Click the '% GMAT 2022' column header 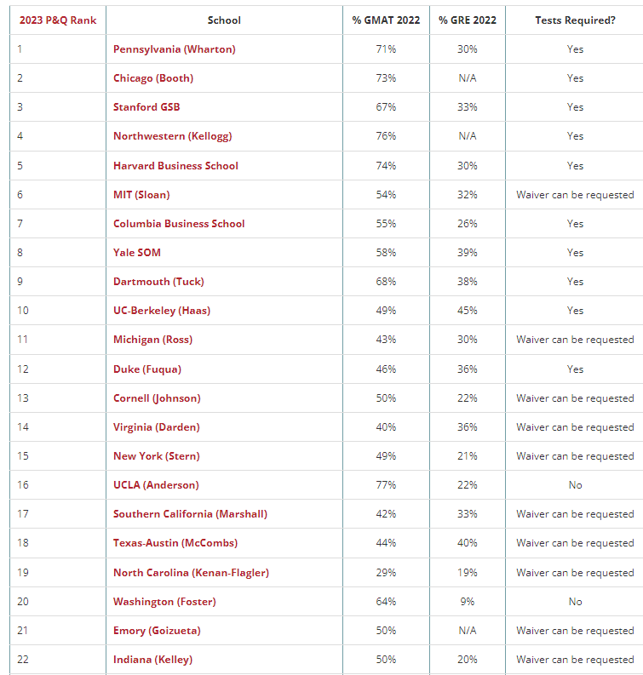386,20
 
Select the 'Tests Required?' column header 575,20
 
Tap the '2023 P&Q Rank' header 58,20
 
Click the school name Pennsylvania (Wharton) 174,49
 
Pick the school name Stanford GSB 146,107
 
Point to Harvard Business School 175,166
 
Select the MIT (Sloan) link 141,195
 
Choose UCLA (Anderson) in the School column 156,485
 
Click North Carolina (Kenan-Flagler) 191,573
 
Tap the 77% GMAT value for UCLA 386,485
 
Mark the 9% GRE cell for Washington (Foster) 467,602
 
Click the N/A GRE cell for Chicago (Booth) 467,78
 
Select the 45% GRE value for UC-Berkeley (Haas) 467,311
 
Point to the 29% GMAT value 386,573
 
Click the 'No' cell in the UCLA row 575,485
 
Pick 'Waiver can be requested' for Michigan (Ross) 575,340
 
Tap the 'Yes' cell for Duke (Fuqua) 575,369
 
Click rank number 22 23,660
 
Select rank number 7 20,224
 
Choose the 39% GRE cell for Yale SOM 467,253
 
